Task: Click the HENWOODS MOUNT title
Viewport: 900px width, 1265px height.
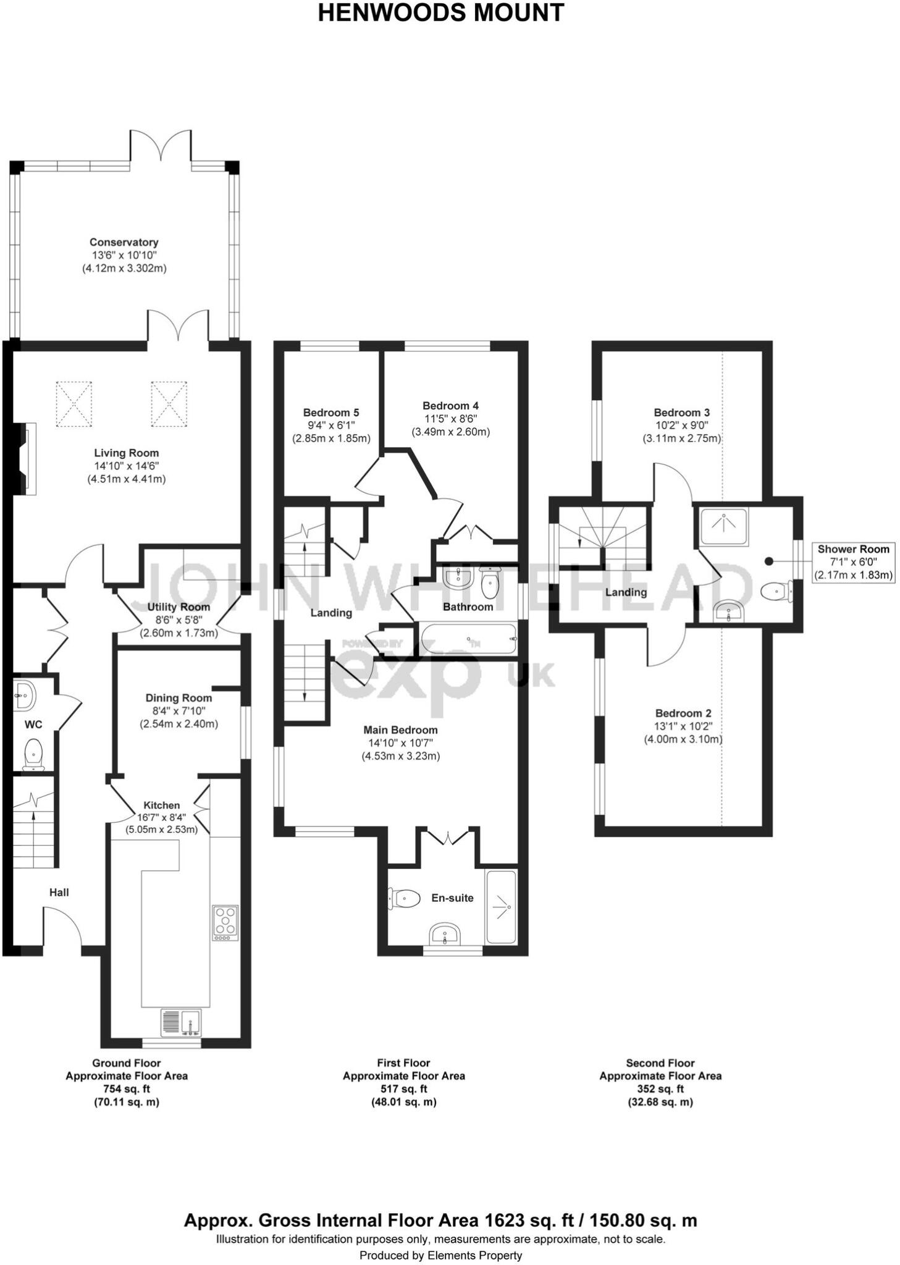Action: pyautogui.click(x=440, y=12)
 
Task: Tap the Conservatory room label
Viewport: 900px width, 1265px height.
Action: pyautogui.click(x=124, y=242)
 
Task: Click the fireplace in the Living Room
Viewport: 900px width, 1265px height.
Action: pyautogui.click(x=27, y=458)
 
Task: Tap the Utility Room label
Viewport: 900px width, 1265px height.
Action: pyautogui.click(x=178, y=607)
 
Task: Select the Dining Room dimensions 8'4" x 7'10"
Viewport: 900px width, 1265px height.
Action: pyautogui.click(x=179, y=711)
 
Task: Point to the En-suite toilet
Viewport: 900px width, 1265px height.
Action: pyautogui.click(x=403, y=897)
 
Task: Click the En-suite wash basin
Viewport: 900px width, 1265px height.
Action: pyautogui.click(x=445, y=935)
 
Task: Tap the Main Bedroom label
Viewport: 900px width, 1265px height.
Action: pyautogui.click(x=400, y=730)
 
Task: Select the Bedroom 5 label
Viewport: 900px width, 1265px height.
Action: pyautogui.click(x=330, y=413)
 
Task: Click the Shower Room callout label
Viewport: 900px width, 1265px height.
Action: pyautogui.click(x=853, y=549)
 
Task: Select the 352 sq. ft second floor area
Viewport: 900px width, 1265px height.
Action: pyautogui.click(x=660, y=1089)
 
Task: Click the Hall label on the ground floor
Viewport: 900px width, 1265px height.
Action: pyautogui.click(x=59, y=892)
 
